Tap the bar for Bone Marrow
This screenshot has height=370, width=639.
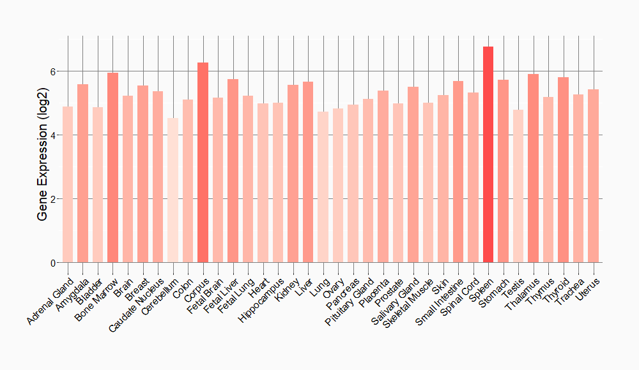pyautogui.click(x=112, y=168)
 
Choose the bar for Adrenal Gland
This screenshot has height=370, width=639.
pyautogui.click(x=68, y=184)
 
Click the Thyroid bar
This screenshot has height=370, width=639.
pyautogui.click(x=563, y=170)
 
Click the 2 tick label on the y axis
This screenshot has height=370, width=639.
pyautogui.click(x=54, y=199)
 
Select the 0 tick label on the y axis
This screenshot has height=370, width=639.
pyautogui.click(x=54, y=263)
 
